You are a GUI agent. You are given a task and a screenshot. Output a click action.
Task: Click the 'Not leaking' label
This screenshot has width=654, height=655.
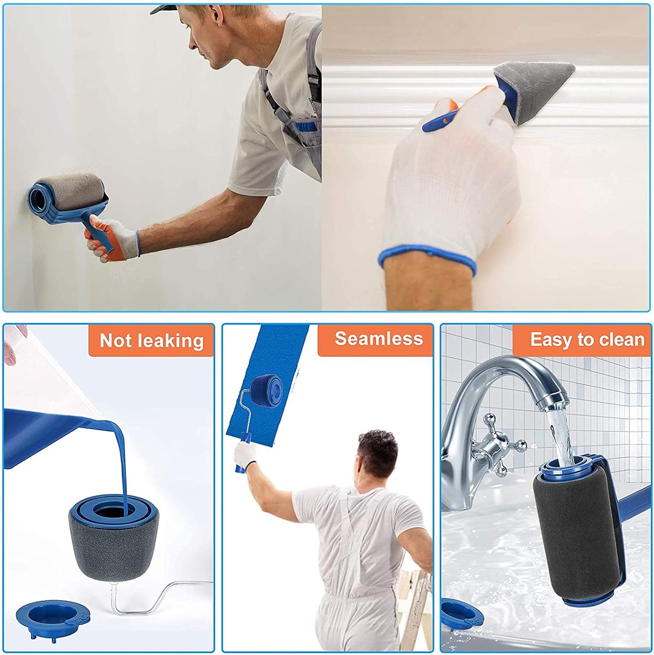coord(151,340)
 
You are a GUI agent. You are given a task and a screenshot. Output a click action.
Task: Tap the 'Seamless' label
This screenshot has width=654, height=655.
coord(379,338)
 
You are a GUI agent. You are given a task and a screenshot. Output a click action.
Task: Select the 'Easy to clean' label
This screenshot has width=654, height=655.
coord(587,339)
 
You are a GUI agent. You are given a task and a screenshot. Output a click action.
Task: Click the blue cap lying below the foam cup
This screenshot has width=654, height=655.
coord(53,615)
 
